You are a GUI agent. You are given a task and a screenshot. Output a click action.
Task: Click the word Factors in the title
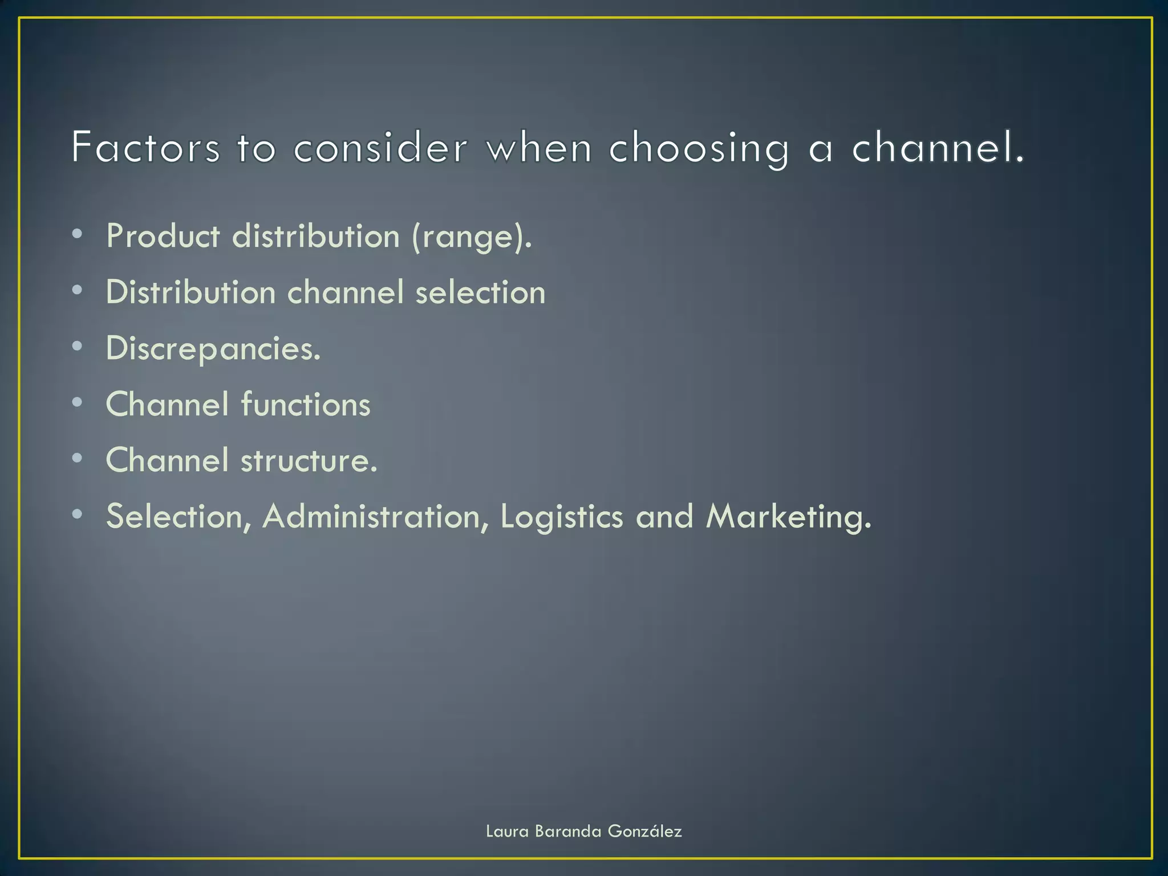[x=145, y=148]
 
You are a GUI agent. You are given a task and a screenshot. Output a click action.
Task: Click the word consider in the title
[x=380, y=148]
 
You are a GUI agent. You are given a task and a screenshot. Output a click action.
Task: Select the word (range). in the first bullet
[x=472, y=237]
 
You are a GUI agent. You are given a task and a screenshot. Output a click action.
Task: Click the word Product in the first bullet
[x=163, y=236]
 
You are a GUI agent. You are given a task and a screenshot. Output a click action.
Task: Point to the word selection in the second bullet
[x=480, y=292]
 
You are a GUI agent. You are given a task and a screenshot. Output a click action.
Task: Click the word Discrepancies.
[x=213, y=348]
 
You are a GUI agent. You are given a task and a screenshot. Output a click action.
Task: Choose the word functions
[x=306, y=404]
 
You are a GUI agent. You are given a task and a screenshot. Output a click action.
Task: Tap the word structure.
[x=309, y=460]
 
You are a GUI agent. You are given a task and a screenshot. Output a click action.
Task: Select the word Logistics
[x=562, y=517]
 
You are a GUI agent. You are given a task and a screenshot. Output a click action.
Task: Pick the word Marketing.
[x=789, y=517]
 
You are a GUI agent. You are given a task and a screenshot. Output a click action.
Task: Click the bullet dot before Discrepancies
[x=78, y=347]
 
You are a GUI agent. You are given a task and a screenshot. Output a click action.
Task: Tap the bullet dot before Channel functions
[x=78, y=403]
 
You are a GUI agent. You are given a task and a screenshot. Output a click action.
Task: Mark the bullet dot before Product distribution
[x=78, y=234]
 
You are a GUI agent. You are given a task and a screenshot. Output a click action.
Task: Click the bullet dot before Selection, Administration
[x=78, y=514]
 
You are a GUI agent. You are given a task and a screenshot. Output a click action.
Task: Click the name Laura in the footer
[x=507, y=832]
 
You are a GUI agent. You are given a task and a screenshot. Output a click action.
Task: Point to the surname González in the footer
[x=644, y=832]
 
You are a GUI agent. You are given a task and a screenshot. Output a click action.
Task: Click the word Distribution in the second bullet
[x=191, y=292]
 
